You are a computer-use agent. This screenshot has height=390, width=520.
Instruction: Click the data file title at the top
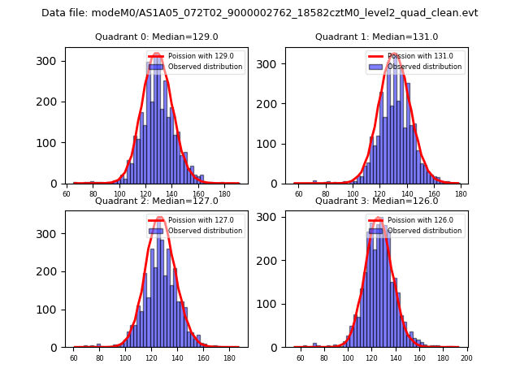coord(260,13)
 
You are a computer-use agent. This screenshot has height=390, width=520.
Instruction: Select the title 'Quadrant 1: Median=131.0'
coord(376,37)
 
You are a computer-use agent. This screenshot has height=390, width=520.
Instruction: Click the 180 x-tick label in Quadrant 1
coord(461,195)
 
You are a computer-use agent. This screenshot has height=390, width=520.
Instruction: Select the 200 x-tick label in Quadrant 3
coord(466,358)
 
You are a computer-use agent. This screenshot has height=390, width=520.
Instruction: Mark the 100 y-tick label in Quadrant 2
coord(51,310)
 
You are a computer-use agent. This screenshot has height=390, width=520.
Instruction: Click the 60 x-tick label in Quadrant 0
coord(67,195)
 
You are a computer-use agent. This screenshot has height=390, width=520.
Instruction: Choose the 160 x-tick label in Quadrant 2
coord(203,358)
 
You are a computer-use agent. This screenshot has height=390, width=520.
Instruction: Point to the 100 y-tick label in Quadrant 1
coord(272,144)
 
